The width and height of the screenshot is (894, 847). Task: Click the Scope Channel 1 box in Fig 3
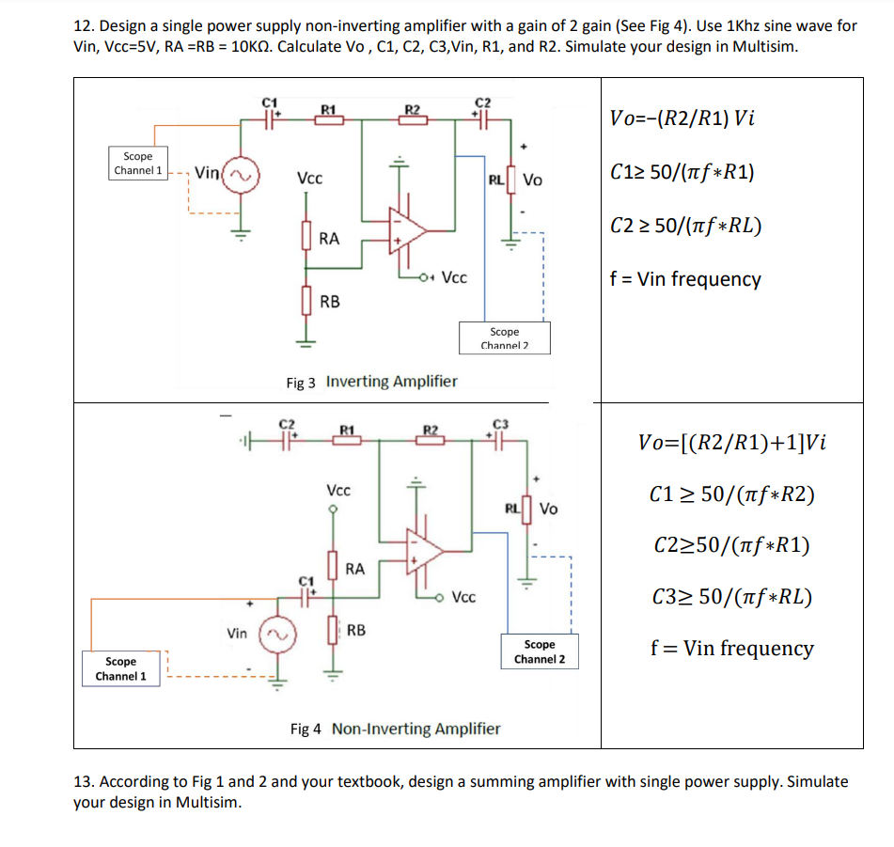(x=137, y=164)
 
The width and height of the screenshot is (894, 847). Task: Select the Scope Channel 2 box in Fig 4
(x=539, y=651)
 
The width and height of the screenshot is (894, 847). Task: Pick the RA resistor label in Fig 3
(x=329, y=239)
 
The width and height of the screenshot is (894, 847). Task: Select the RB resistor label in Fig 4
(x=356, y=630)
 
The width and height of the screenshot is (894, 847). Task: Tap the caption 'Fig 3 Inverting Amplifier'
(x=371, y=382)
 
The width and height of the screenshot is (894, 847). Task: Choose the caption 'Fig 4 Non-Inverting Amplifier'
(x=396, y=729)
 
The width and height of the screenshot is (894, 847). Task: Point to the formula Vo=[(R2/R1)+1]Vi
(x=731, y=443)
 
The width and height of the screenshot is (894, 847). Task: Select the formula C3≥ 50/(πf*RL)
(x=731, y=596)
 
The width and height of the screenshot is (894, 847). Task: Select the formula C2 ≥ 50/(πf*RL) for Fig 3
(x=685, y=226)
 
